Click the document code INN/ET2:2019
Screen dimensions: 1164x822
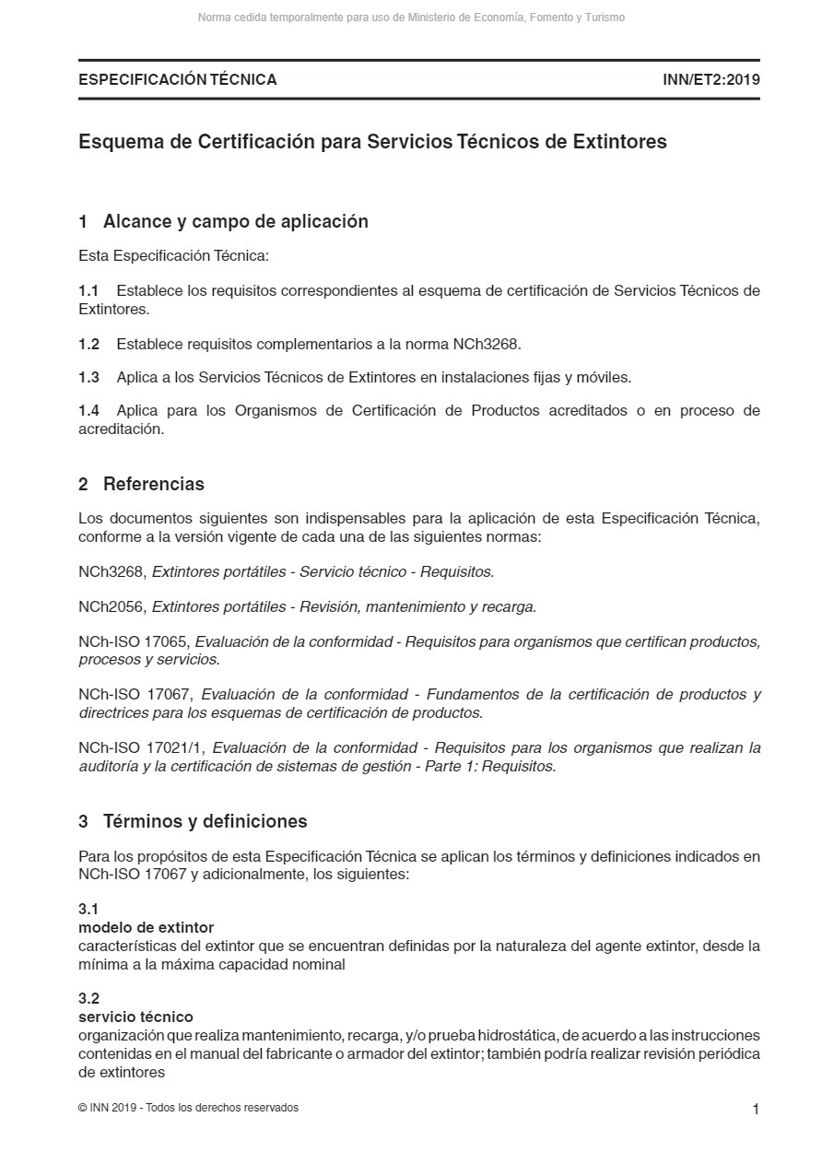tap(710, 79)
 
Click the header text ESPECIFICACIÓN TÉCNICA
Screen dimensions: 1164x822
tap(178, 79)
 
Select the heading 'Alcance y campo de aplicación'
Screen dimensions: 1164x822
tap(235, 221)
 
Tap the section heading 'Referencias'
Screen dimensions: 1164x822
tap(153, 484)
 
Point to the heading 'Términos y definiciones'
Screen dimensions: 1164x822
tap(205, 821)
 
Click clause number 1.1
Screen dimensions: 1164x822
tap(88, 291)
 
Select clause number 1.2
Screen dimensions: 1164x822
tap(88, 345)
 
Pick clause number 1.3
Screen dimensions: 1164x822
tap(88, 377)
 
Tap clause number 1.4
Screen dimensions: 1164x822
tap(88, 411)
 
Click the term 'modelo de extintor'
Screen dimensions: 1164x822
tap(146, 927)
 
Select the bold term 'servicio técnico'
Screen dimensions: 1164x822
tap(135, 1017)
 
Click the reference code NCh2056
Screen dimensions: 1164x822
tap(112, 606)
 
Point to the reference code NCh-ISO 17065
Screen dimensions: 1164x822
tap(134, 641)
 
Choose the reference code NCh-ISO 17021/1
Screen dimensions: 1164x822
tap(141, 748)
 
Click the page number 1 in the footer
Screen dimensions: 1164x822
tap(756, 1110)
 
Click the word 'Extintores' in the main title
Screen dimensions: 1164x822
tap(619, 142)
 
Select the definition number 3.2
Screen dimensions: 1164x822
tap(88, 998)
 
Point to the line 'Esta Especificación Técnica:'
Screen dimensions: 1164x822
tap(173, 255)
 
